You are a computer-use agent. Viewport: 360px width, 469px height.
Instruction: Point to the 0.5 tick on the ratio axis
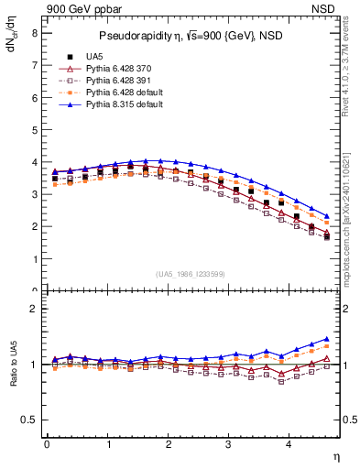29,420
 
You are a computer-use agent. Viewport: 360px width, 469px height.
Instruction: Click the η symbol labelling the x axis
335,455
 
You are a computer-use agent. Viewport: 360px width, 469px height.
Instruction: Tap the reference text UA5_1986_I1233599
191,274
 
